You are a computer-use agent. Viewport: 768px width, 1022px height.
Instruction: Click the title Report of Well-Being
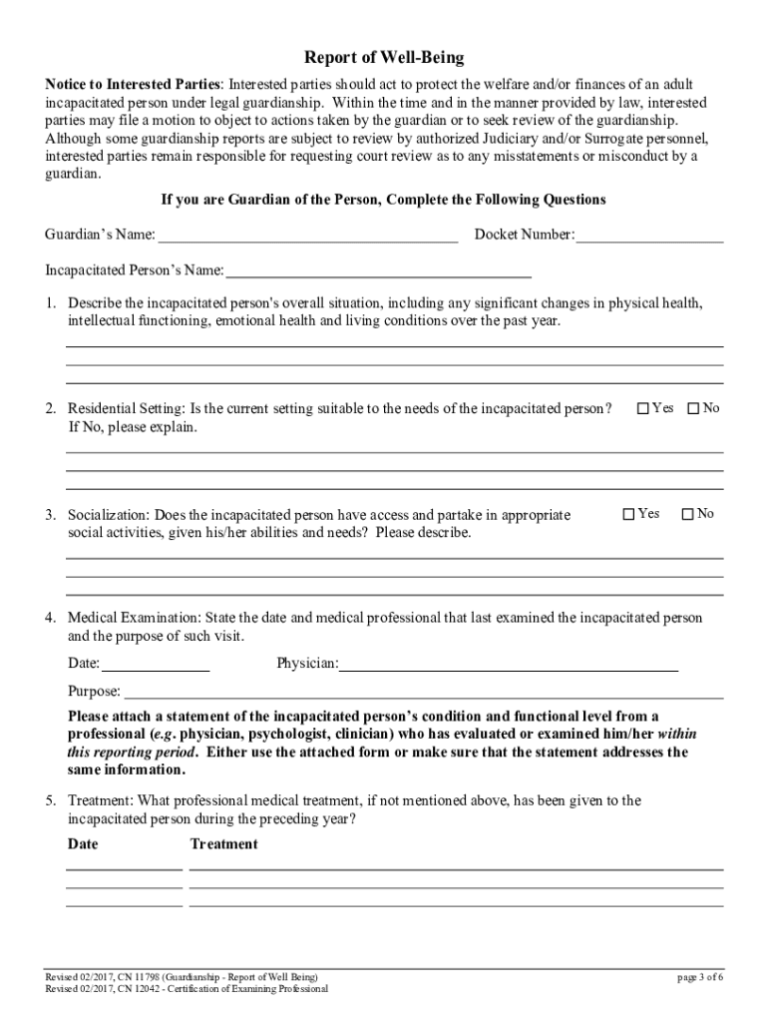click(x=384, y=58)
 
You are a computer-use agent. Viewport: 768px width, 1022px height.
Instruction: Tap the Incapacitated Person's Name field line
click(x=379, y=270)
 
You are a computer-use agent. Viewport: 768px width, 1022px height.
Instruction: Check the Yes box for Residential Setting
click(x=643, y=408)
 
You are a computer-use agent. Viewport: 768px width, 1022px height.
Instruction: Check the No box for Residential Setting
click(x=693, y=408)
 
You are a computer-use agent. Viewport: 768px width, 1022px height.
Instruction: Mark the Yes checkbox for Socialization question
click(x=628, y=514)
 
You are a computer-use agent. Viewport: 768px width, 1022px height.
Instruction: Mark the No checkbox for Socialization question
click(x=687, y=514)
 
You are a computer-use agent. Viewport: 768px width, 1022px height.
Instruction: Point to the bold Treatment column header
click(x=223, y=844)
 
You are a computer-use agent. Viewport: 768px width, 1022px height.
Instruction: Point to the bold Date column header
click(x=83, y=844)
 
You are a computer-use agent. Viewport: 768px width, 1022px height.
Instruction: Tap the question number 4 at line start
click(x=50, y=618)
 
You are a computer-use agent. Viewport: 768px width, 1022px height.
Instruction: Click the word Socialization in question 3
click(x=107, y=515)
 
